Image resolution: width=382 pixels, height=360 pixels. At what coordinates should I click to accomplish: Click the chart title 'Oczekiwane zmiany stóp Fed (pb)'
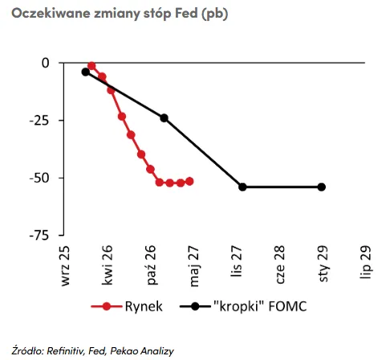click(x=120, y=14)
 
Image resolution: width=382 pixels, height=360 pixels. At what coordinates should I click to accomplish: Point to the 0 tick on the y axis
click(x=46, y=63)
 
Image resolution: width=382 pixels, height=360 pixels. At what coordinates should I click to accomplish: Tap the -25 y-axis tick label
click(x=39, y=121)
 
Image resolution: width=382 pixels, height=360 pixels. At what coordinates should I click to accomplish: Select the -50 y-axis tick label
click(x=39, y=178)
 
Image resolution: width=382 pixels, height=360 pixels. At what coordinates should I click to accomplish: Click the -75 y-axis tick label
click(x=39, y=235)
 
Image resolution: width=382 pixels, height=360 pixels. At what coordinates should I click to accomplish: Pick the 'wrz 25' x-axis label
click(x=65, y=266)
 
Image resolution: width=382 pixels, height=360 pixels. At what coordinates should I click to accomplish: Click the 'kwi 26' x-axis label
click(x=108, y=265)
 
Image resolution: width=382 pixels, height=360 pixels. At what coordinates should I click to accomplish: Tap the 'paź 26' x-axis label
click(x=151, y=265)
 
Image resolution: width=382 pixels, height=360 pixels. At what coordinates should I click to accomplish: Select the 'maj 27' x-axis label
click(x=194, y=266)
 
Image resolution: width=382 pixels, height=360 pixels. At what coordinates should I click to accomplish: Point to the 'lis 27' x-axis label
click(x=237, y=261)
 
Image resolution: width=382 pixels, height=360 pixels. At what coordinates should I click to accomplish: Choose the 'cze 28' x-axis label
click(x=279, y=264)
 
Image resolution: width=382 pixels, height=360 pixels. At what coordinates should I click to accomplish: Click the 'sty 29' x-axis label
click(x=323, y=264)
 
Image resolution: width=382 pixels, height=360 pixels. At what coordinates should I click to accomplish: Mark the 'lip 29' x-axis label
click(x=366, y=262)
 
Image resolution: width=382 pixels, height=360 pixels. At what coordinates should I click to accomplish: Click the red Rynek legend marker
click(x=107, y=306)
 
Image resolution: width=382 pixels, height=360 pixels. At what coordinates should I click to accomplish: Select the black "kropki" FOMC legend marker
click(x=195, y=306)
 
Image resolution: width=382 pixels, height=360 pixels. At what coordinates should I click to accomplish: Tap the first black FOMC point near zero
click(x=86, y=72)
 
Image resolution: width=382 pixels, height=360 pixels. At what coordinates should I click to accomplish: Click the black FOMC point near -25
click(x=164, y=118)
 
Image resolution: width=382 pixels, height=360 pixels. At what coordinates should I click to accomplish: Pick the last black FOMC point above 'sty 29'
click(x=322, y=187)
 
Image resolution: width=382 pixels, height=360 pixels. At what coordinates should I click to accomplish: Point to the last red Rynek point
click(x=189, y=182)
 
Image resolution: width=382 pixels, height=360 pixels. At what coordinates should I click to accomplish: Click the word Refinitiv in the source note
click(x=65, y=350)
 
